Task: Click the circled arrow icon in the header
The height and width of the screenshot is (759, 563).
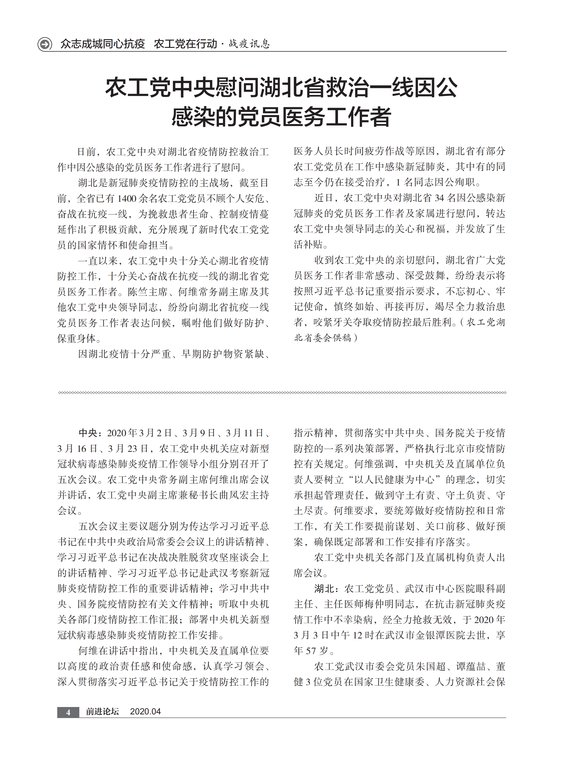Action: tap(45, 44)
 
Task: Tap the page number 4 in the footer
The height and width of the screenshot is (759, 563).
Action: tap(68, 712)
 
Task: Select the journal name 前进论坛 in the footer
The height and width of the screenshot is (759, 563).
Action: tap(102, 712)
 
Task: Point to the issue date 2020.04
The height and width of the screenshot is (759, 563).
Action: tap(145, 712)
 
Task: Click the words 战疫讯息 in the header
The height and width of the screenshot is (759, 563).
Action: tap(249, 44)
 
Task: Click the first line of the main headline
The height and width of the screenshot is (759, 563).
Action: tap(281, 88)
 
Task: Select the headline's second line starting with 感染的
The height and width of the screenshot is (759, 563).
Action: tap(281, 117)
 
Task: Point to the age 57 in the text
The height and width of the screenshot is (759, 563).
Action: tap(310, 651)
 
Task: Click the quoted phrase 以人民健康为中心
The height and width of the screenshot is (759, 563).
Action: tap(395, 480)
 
